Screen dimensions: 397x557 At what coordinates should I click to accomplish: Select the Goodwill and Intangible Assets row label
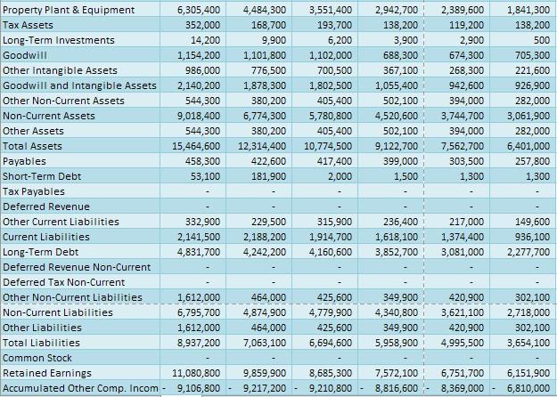[x=79, y=85]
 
